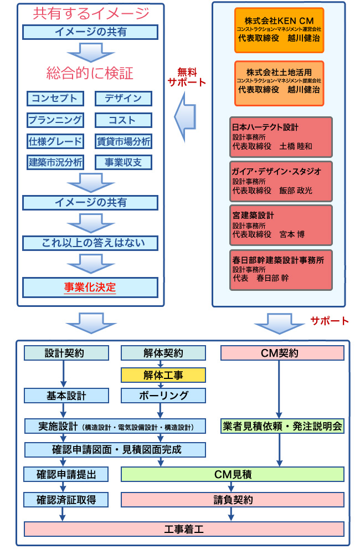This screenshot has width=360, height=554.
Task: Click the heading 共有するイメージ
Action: [91, 13]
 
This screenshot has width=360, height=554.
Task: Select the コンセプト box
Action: [55, 99]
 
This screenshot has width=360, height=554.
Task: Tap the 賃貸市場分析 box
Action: [123, 141]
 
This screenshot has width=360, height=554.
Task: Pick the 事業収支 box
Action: [123, 162]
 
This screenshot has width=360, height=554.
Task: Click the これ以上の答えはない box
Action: [91, 243]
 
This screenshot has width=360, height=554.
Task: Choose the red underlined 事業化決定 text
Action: [90, 287]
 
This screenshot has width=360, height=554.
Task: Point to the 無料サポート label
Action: [186, 77]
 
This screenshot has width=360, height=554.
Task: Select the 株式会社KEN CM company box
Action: [279, 30]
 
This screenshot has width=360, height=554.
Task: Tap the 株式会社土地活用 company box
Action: [279, 83]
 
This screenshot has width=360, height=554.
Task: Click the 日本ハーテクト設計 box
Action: [281, 137]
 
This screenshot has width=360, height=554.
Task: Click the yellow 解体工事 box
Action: [163, 376]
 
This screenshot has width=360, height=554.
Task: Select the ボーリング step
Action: [163, 396]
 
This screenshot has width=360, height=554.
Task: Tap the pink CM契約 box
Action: [282, 353]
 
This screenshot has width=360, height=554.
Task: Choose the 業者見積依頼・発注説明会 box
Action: [282, 426]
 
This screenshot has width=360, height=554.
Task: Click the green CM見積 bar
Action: [233, 474]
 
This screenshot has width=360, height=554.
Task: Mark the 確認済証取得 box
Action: [66, 500]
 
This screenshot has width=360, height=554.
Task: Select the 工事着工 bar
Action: [184, 529]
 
